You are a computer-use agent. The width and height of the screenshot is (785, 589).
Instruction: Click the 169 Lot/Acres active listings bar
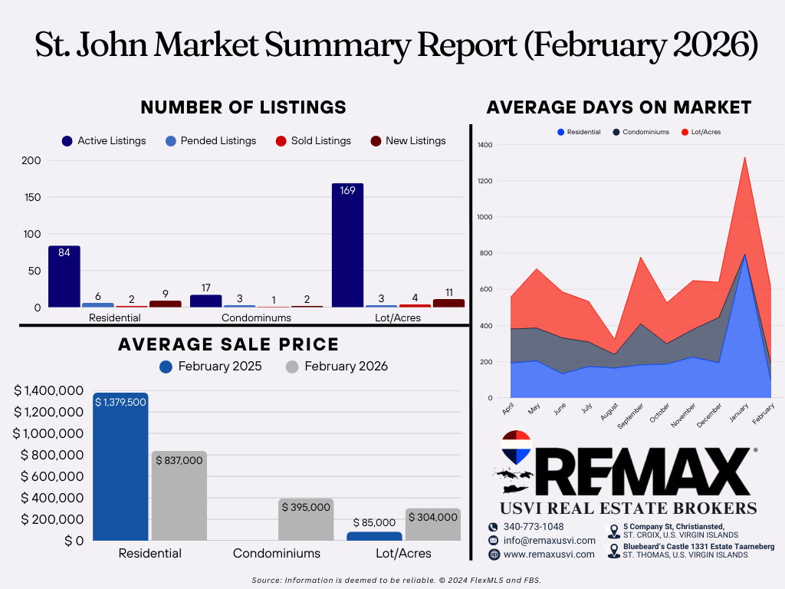[x=347, y=245]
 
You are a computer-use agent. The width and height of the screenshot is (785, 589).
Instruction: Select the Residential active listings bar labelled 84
[x=64, y=276]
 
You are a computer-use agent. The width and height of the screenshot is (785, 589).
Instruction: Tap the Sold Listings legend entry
[x=314, y=141]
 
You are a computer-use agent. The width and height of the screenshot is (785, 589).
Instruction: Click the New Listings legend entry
[x=408, y=141]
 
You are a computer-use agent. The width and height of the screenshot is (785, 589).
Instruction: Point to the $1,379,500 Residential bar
[x=120, y=466]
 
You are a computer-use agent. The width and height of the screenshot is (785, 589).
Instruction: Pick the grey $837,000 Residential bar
[x=179, y=496]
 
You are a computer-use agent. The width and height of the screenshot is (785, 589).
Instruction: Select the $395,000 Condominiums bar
[x=306, y=519]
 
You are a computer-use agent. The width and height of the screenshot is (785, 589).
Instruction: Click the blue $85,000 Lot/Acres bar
[x=374, y=536]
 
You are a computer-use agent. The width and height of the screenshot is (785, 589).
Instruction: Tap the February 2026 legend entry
[x=337, y=367]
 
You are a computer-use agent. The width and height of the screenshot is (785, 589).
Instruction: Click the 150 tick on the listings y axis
[x=32, y=197]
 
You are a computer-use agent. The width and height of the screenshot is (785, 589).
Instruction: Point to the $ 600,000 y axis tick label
[x=52, y=476]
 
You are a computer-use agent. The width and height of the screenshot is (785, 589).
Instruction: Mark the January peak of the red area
[x=745, y=157]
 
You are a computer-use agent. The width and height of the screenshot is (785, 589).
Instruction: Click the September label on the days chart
[x=630, y=416]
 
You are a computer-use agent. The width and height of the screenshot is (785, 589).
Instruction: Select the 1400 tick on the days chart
[x=485, y=145]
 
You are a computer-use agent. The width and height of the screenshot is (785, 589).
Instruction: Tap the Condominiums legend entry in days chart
[x=642, y=132]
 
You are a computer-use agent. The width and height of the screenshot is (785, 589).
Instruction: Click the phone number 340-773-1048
[x=534, y=527]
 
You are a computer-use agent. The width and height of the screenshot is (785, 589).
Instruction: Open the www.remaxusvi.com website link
[x=549, y=554]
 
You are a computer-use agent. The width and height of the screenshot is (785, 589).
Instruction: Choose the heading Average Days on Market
[x=619, y=107]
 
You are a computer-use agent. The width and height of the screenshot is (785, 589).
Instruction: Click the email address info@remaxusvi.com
[x=550, y=541]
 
